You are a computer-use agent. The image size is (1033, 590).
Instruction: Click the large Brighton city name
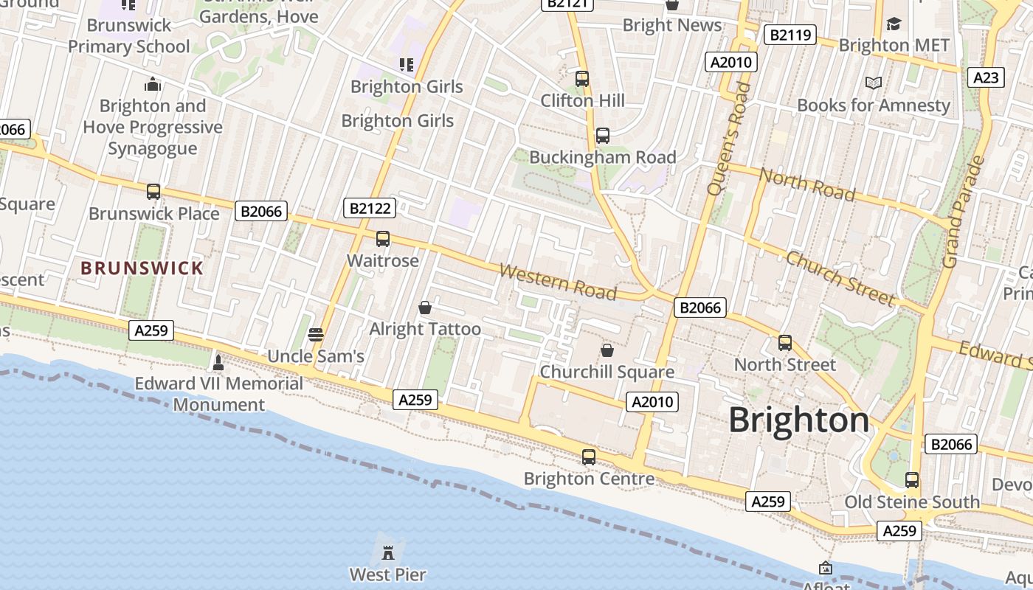click(x=799, y=420)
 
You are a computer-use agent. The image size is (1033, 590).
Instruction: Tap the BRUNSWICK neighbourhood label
click(x=142, y=268)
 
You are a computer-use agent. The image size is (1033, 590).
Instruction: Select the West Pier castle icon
click(x=388, y=552)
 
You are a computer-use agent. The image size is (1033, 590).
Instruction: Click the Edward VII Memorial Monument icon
click(x=218, y=362)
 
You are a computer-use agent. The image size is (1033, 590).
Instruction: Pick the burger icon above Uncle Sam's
click(x=316, y=335)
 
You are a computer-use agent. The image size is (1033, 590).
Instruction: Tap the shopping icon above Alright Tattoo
click(x=425, y=307)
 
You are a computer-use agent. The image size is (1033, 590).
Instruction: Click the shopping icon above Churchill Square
click(x=607, y=350)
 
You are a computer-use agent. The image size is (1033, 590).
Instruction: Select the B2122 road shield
click(x=370, y=208)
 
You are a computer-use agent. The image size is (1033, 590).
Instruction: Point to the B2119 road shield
click(x=790, y=34)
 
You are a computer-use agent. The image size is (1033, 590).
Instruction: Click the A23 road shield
click(x=986, y=77)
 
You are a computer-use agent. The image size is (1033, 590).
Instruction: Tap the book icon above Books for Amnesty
click(x=874, y=83)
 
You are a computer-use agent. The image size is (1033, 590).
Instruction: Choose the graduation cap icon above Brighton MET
click(x=894, y=24)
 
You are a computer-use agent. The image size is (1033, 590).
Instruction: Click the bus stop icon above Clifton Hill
click(x=582, y=78)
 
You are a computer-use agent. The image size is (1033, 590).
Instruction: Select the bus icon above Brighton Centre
click(x=588, y=457)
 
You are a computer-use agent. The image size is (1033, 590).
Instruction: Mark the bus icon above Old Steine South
click(x=912, y=480)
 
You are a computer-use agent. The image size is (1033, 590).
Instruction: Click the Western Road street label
click(x=558, y=282)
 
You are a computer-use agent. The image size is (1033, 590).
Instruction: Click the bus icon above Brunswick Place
click(x=153, y=192)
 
